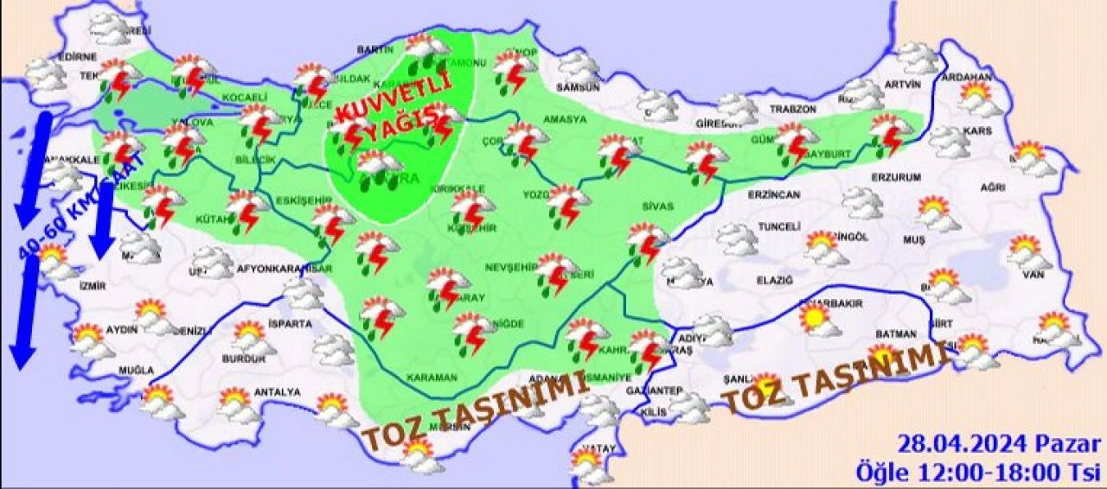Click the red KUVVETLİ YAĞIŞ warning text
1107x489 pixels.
pyautogui.click(x=394, y=112)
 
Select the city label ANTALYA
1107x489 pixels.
pyautogui.click(x=278, y=392)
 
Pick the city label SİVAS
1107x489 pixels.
pyautogui.click(x=657, y=207)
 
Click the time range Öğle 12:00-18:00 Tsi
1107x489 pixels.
pyautogui.click(x=979, y=472)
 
